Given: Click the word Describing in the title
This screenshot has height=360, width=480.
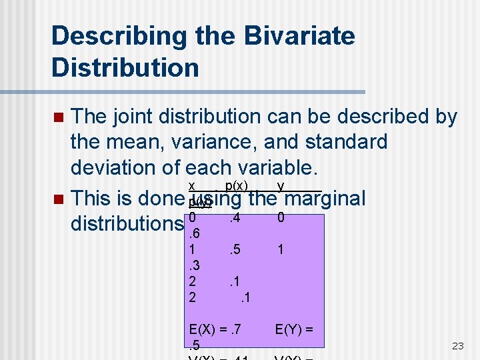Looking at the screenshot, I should (119, 36).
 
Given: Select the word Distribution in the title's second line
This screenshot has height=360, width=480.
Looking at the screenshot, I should (125, 67).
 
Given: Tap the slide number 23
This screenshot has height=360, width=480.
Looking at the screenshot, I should (457, 345).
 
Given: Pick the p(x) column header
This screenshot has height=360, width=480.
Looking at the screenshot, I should (237, 186).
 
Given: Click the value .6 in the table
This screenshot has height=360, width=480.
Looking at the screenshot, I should (195, 233).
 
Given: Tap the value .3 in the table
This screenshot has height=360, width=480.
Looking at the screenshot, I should (195, 265).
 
